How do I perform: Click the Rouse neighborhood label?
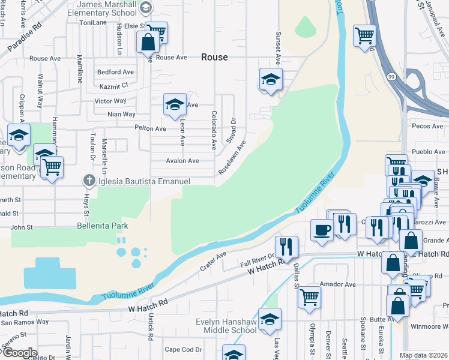point(214,57)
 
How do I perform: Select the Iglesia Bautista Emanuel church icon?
point(89,181)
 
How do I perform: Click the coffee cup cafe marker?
point(322,230)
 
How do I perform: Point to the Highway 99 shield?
point(391,77)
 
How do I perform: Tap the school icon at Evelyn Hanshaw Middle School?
point(270,319)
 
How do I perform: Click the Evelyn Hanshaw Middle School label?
point(226,326)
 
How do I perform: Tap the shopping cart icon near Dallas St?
point(309,296)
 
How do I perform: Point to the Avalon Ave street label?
point(182,161)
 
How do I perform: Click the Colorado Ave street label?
point(213,130)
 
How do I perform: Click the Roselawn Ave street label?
point(232,157)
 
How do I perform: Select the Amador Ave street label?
point(339,284)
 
